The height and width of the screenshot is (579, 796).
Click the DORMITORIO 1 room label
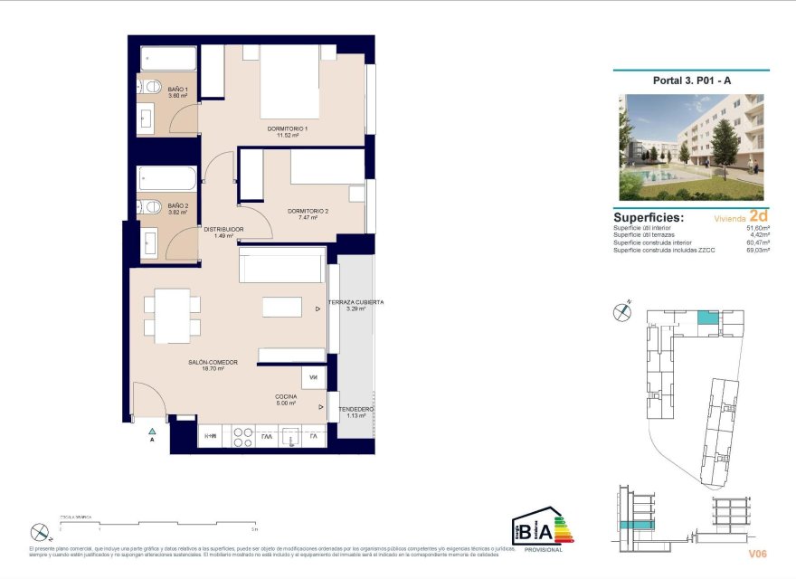coord(288,129)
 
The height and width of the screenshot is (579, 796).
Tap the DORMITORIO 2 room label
coord(308,212)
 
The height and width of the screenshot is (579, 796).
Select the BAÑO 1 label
coord(177,90)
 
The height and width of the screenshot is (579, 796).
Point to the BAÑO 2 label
coord(177,206)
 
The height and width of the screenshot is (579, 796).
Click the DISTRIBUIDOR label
coord(223,230)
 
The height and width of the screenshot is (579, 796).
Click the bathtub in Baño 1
coord(167,60)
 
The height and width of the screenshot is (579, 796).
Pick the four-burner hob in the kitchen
coord(242,437)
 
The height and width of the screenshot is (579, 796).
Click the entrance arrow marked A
coord(153,434)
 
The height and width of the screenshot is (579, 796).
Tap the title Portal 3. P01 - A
coord(691,81)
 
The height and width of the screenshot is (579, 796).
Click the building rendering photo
coord(691,147)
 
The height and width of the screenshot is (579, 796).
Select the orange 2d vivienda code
coord(759,216)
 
